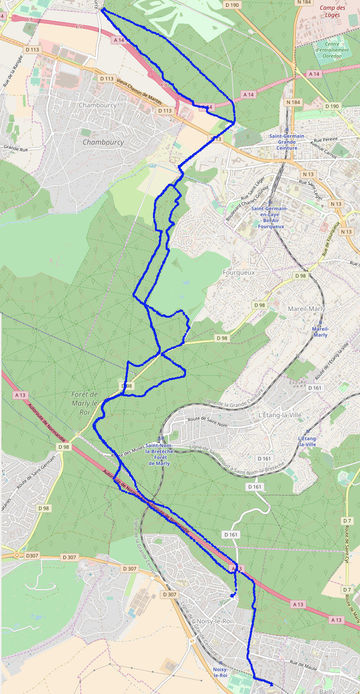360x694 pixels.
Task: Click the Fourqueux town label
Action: click(x=238, y=273)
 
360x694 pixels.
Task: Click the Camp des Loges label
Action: click(x=333, y=11)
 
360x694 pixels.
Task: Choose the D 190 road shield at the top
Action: click(x=232, y=5)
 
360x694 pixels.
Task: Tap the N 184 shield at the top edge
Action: click(x=303, y=2)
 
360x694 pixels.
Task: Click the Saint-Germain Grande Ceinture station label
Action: click(x=287, y=142)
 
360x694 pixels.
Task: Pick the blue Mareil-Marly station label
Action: click(x=320, y=332)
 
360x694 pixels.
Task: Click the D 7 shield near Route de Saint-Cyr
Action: click(x=347, y=521)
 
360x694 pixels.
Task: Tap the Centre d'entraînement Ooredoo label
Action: click(x=332, y=50)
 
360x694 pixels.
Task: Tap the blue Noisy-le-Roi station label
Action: click(x=220, y=673)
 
